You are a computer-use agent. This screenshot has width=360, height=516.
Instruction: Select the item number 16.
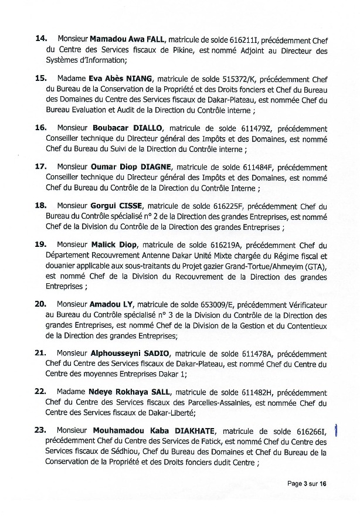pos(41,127)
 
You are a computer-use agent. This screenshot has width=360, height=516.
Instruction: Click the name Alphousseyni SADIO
pos(130,354)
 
